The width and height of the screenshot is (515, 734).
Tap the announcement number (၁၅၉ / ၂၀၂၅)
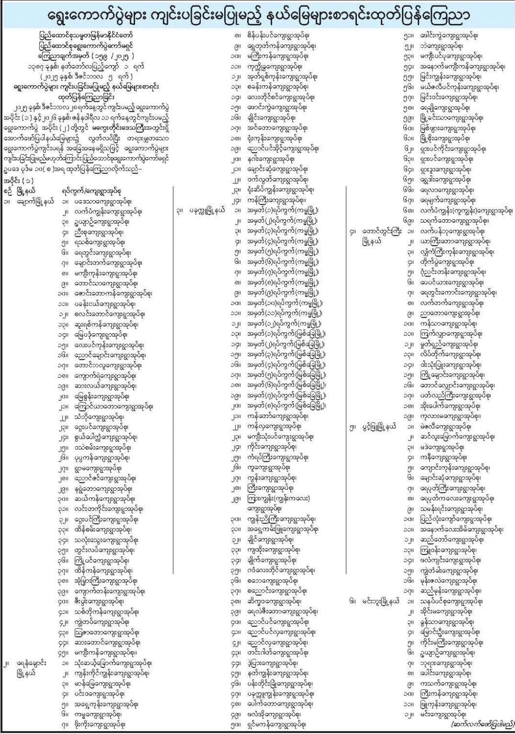86,56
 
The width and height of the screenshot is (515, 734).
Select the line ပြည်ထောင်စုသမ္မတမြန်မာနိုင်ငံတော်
86,36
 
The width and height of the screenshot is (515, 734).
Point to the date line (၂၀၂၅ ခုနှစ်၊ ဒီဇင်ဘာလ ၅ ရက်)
86,76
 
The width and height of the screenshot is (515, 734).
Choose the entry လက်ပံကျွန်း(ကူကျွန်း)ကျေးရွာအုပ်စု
466,211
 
